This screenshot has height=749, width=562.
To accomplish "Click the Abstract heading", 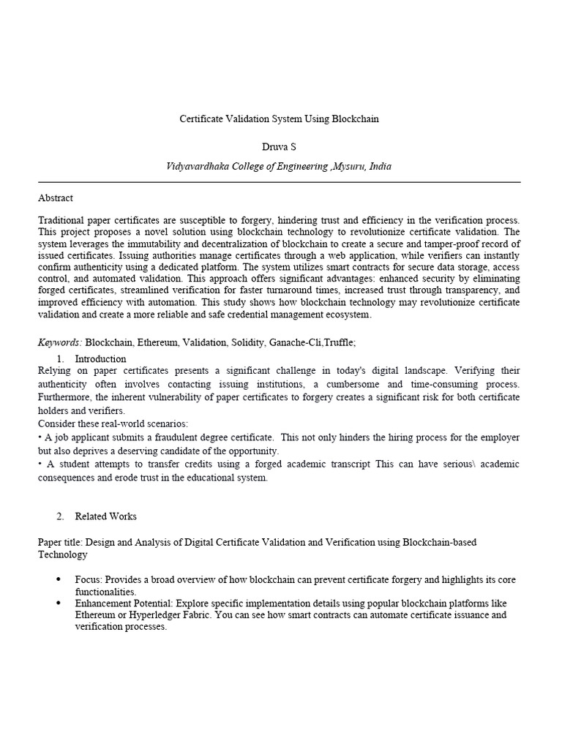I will pyautogui.click(x=55, y=197).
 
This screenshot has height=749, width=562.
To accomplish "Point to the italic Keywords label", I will pyautogui.click(x=60, y=342).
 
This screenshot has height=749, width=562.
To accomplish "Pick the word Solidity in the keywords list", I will pyautogui.click(x=247, y=342).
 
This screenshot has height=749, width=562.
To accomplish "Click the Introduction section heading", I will pyautogui.click(x=100, y=358).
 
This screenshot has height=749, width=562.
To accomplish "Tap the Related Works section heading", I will pyautogui.click(x=105, y=516).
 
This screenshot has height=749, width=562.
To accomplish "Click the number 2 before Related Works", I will pyautogui.click(x=59, y=516).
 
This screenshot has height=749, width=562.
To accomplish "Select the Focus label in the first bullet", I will pyautogui.click(x=88, y=579).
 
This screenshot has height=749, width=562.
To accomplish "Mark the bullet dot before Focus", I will pyautogui.click(x=59, y=579).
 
